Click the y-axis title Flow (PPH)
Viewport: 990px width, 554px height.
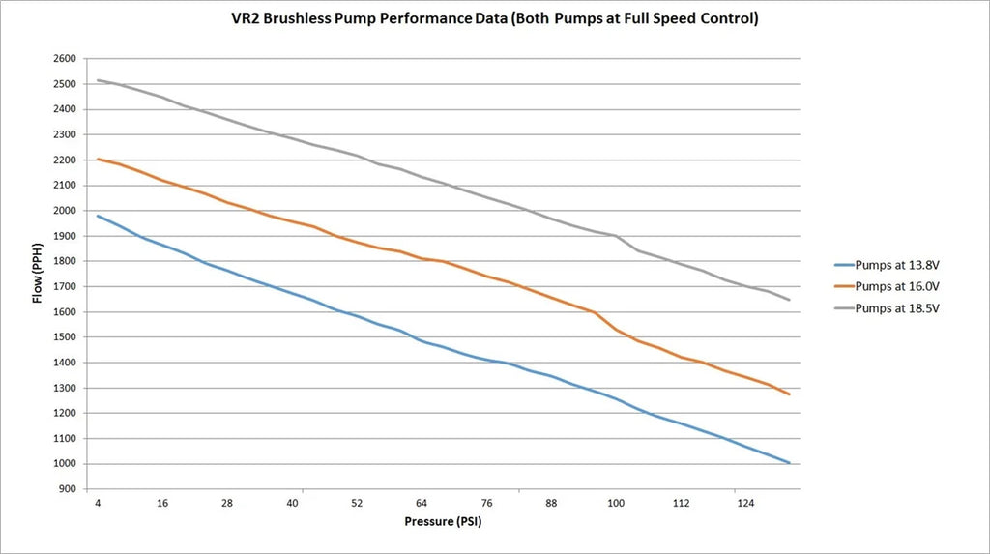pos(38,274)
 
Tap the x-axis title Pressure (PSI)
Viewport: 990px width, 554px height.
pos(444,523)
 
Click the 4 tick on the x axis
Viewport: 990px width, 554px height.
pos(98,504)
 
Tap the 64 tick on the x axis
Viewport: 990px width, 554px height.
pos(422,504)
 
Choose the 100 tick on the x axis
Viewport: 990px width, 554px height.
pos(616,504)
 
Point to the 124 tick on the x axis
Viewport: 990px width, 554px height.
pos(745,504)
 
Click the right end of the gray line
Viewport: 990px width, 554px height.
pos(790,300)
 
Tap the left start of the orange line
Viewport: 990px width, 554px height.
pos(98,160)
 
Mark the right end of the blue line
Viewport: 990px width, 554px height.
pos(790,463)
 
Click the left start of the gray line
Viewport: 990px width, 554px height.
pos(98,80)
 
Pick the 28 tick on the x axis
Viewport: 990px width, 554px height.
pos(227,504)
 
